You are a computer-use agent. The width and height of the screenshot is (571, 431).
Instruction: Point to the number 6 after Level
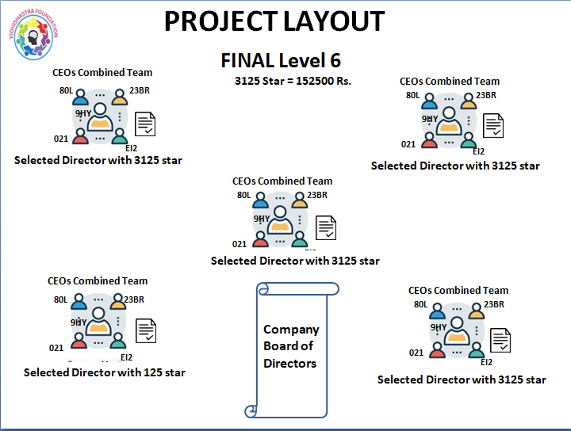[334, 60]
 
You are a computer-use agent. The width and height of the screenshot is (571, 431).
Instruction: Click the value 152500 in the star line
[313, 81]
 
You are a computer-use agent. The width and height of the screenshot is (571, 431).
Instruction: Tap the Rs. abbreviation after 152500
[343, 81]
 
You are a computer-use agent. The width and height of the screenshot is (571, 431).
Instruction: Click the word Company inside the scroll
[291, 330]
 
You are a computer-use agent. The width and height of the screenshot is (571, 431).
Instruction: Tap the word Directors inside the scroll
[290, 364]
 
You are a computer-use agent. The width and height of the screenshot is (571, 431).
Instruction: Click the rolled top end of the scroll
[262, 289]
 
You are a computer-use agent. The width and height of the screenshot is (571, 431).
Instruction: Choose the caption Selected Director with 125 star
[105, 372]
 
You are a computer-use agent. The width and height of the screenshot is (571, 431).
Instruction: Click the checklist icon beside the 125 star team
[146, 331]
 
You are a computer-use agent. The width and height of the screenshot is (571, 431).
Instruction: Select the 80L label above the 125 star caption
[61, 300]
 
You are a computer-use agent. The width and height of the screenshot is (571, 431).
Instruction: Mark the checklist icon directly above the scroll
[326, 227]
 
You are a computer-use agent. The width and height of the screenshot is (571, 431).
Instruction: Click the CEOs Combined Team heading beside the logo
[102, 73]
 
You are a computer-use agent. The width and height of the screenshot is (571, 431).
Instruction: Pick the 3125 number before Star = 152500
[247, 81]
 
